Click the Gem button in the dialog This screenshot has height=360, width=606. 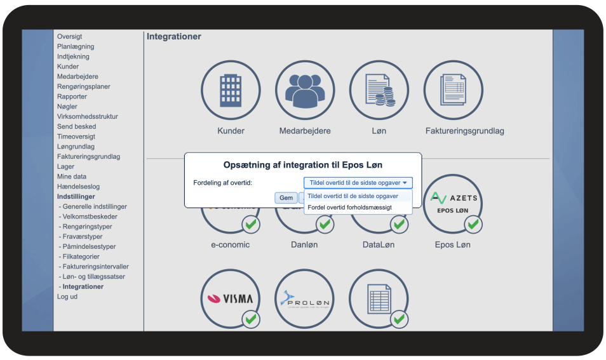pyautogui.click(x=286, y=197)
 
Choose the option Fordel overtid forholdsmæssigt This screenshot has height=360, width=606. pyautogui.click(x=350, y=208)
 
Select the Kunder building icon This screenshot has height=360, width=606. pyautogui.click(x=231, y=90)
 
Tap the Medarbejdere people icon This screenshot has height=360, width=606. pyautogui.click(x=305, y=90)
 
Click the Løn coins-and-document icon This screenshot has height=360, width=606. pyautogui.click(x=379, y=90)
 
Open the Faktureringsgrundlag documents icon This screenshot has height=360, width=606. pyautogui.click(x=454, y=90)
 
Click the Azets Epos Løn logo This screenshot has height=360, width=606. pyautogui.click(x=454, y=203)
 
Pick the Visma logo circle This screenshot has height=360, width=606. pyautogui.click(x=231, y=298)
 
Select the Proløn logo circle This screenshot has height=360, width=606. pyautogui.click(x=304, y=298)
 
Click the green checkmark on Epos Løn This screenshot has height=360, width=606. pyautogui.click(x=473, y=224)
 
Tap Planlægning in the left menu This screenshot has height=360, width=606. pyautogui.click(x=76, y=46)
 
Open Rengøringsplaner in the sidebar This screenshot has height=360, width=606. pyautogui.click(x=83, y=86)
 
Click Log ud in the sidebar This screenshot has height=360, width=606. pyautogui.click(x=67, y=297)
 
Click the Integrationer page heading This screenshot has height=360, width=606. pyautogui.click(x=174, y=36)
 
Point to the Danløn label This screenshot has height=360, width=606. pyautogui.click(x=304, y=244)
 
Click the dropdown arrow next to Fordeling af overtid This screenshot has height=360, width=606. pyautogui.click(x=405, y=183)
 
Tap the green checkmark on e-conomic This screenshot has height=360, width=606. pyautogui.click(x=251, y=224)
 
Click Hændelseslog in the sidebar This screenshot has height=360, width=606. pyautogui.click(x=79, y=187)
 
